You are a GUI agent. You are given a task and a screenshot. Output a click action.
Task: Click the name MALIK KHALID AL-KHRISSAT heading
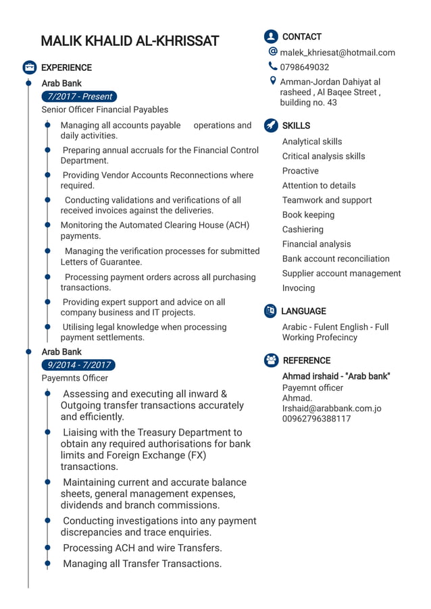(x=130, y=41)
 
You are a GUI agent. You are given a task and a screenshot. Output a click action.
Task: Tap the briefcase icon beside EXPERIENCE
(x=30, y=68)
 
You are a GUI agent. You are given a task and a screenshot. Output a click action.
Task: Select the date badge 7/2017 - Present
(x=79, y=97)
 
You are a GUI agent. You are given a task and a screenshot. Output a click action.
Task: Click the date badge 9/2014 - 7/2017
(x=79, y=365)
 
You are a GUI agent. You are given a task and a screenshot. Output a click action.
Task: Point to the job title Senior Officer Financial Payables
(x=105, y=109)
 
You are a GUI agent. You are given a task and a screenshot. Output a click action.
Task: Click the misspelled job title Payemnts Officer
(x=74, y=378)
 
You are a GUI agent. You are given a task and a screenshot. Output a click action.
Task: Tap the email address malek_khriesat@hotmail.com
(x=337, y=53)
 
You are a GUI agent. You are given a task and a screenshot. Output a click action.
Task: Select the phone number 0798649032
(x=305, y=67)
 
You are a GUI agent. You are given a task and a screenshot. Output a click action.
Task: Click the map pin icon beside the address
(x=273, y=81)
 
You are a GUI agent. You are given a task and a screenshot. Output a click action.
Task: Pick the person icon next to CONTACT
(x=271, y=36)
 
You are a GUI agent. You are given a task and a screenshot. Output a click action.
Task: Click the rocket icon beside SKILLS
(x=271, y=126)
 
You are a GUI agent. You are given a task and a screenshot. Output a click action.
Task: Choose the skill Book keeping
(x=308, y=215)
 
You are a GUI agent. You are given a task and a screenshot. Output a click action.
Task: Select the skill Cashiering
(x=303, y=230)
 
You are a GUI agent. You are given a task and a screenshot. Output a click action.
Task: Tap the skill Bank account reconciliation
(x=336, y=259)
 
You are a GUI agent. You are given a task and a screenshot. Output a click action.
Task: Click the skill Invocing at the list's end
(x=299, y=288)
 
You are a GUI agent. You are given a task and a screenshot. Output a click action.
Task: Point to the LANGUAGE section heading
(x=303, y=311)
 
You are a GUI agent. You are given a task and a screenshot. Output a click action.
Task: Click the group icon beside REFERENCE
(x=271, y=361)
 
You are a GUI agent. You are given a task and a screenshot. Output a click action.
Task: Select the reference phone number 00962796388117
(x=316, y=419)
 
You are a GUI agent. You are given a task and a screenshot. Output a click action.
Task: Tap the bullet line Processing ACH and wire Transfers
(x=142, y=548)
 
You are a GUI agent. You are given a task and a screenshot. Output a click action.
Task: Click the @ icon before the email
(x=273, y=51)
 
